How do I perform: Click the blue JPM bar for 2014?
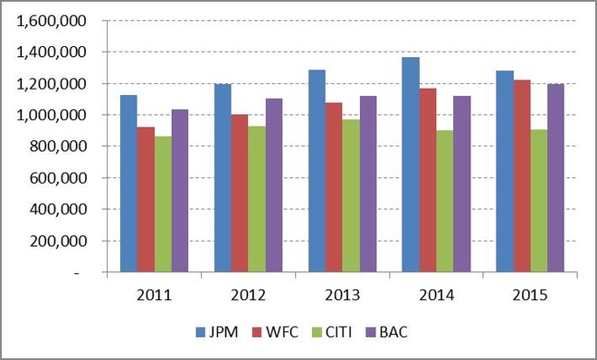tap(411, 165)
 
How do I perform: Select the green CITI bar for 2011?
tap(163, 204)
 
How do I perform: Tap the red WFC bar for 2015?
tap(522, 175)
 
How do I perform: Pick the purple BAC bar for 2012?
tap(274, 185)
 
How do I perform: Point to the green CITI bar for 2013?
tap(351, 195)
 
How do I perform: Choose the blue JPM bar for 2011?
tap(128, 184)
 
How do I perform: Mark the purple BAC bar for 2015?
tap(555, 177)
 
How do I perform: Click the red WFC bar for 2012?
tap(240, 193)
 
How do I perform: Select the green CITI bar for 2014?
tap(445, 201)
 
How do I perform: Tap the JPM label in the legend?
tap(223, 332)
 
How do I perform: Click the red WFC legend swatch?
tap(258, 332)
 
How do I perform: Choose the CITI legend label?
tap(339, 332)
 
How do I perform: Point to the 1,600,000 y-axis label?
tap(52, 21)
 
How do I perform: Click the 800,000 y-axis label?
tap(58, 147)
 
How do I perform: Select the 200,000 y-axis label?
tap(58, 241)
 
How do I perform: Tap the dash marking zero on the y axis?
tap(78, 273)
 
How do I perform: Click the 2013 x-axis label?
tap(342, 295)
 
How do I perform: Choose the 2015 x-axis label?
tap(530, 295)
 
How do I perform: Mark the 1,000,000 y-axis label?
tap(52, 115)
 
